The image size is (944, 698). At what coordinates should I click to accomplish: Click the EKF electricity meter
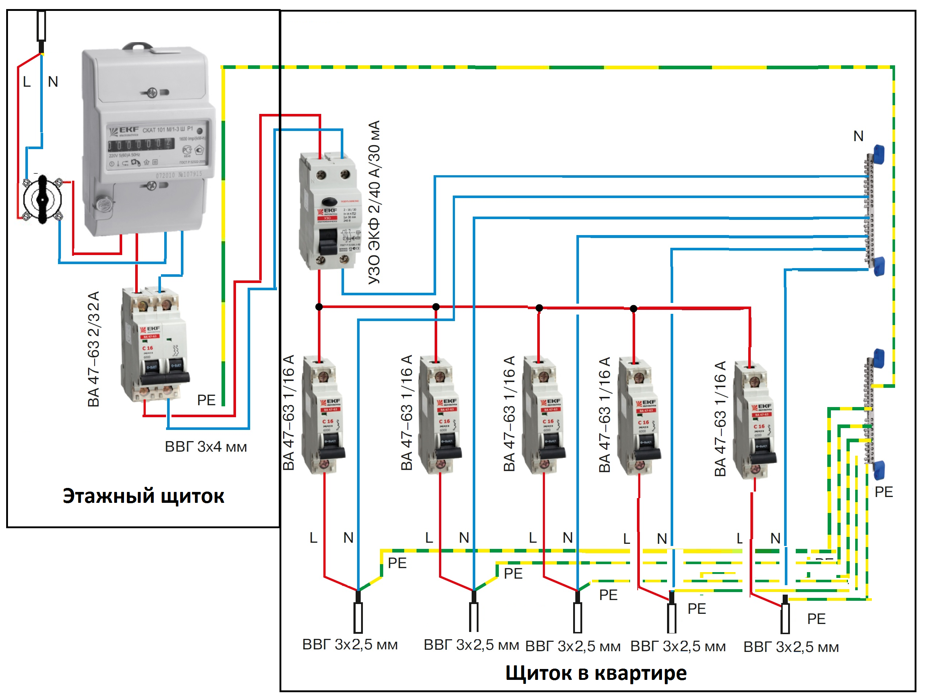(148, 139)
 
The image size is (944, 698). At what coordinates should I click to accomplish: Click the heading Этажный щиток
(143, 496)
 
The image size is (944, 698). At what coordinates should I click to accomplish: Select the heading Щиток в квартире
(596, 673)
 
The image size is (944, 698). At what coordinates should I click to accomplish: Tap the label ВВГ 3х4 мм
(206, 447)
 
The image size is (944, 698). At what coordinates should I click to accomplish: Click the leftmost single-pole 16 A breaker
(323, 416)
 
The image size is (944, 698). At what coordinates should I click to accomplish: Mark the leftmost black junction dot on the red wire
(319, 307)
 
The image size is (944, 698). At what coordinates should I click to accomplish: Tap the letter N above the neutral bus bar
(858, 136)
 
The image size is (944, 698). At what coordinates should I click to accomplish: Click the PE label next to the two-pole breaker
(206, 400)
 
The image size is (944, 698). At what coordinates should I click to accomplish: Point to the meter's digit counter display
(140, 144)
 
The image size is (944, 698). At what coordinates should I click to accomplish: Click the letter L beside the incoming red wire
(26, 82)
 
